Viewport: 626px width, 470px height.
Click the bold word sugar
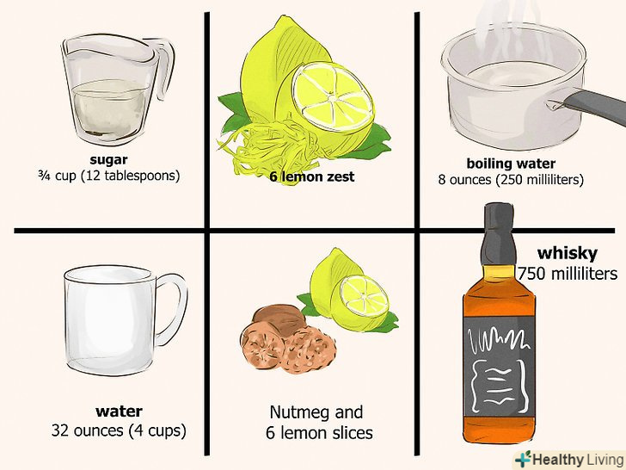pyautogui.click(x=108, y=160)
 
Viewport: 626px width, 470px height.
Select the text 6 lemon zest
pyautogui.click(x=312, y=176)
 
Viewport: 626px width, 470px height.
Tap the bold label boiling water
pyautogui.click(x=511, y=164)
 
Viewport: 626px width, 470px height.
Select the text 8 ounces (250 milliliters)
pyautogui.click(x=511, y=179)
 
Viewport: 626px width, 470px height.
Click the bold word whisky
pyautogui.click(x=568, y=253)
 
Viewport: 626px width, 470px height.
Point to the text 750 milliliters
pyautogui.click(x=568, y=274)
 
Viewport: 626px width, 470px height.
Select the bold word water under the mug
pyautogui.click(x=119, y=411)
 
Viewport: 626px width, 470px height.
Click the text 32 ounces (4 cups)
pyautogui.click(x=119, y=430)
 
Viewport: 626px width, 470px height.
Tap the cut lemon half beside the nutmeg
pyautogui.click(x=363, y=297)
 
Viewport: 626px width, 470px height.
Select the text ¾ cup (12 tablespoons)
pyautogui.click(x=109, y=176)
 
